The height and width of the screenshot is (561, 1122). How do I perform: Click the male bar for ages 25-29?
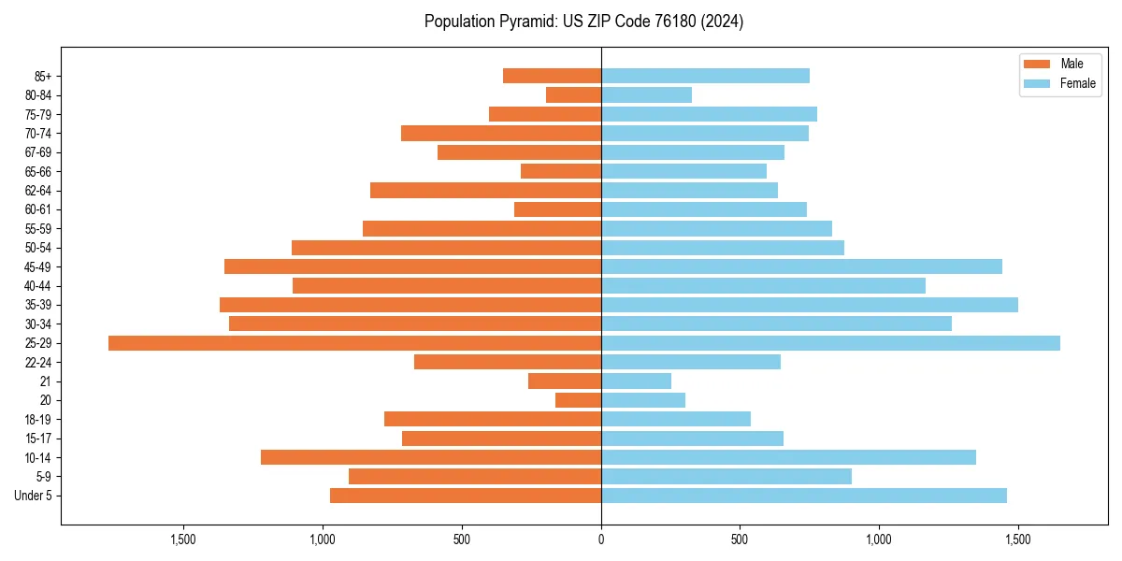tap(355, 343)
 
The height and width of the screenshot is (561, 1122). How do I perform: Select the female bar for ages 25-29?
tap(830, 343)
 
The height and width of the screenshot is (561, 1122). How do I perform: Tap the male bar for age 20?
tap(578, 400)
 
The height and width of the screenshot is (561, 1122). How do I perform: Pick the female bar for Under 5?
tap(804, 496)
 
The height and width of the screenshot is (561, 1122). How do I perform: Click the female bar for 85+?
tap(705, 76)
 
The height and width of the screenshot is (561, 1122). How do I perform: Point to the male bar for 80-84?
tap(573, 94)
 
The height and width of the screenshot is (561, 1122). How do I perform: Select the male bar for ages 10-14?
tap(431, 457)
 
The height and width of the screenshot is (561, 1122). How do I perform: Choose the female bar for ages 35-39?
tap(810, 305)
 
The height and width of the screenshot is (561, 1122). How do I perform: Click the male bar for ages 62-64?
tap(485, 191)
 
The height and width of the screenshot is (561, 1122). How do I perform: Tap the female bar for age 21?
tap(636, 381)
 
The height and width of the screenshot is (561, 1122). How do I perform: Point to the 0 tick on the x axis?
tap(601, 539)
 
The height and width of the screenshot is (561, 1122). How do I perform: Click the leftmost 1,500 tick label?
tap(183, 539)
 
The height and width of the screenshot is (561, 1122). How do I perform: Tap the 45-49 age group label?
tap(37, 266)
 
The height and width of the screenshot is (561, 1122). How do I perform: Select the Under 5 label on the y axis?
tap(34, 496)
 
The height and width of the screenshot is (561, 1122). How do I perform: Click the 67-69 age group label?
tap(37, 152)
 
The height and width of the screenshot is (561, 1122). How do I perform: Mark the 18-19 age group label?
tap(37, 420)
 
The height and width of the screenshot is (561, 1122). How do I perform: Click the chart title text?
tap(583, 22)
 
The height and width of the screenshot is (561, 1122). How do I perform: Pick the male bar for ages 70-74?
tap(501, 133)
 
